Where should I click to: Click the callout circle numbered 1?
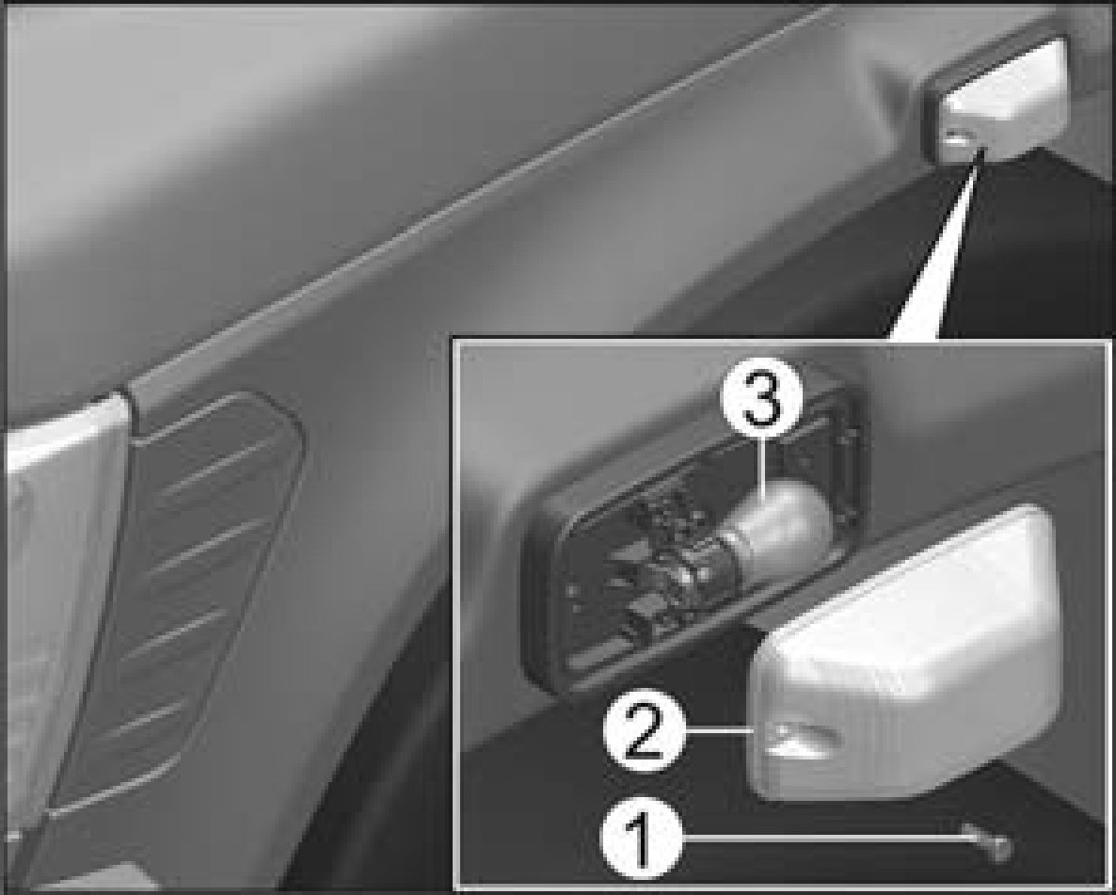click(x=641, y=838)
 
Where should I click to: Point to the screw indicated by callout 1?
click(x=992, y=842)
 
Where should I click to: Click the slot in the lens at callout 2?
click(x=805, y=739)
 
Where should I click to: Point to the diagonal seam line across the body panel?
click(x=477, y=200)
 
